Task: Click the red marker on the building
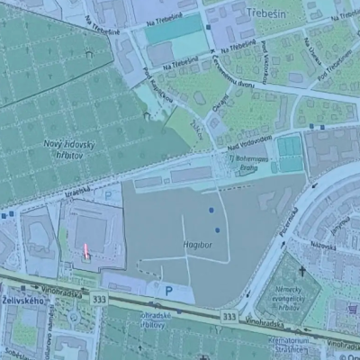86,252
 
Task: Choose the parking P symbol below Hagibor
168,290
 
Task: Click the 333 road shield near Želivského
99,299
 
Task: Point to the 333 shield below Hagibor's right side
231,316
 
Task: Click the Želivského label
19,298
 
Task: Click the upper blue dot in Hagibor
212,210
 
